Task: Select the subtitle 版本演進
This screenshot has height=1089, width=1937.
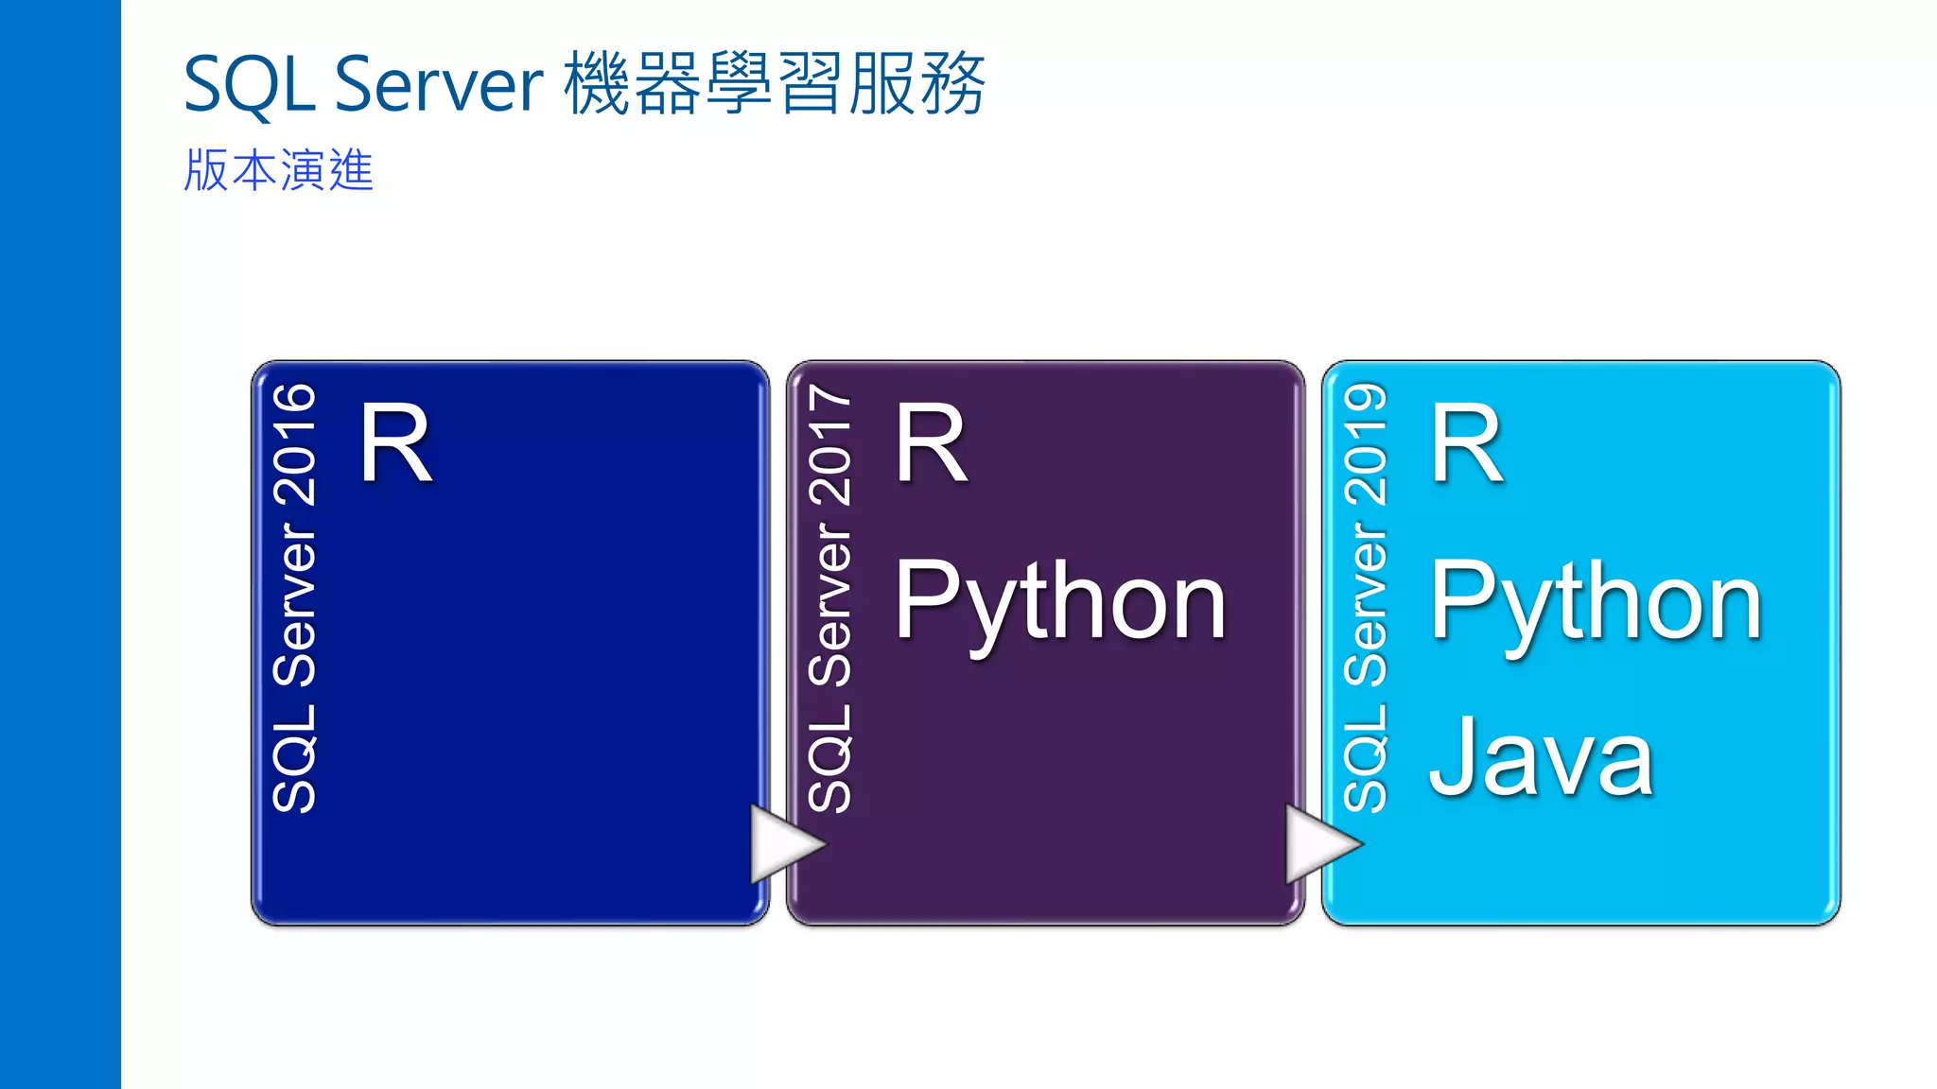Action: click(279, 171)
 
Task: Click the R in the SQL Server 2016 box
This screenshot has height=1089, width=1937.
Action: click(395, 442)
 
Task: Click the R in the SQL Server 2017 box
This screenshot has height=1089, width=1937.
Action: click(932, 442)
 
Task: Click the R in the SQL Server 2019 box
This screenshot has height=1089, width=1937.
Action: click(1466, 442)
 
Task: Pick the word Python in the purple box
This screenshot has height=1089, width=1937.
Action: click(1060, 601)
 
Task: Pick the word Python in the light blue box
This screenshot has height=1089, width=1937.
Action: click(1596, 601)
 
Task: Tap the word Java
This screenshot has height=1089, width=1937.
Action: click(1541, 758)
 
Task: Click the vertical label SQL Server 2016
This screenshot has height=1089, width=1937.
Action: click(294, 597)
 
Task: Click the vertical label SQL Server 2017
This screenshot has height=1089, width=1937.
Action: click(830, 597)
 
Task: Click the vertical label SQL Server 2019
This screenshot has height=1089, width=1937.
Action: click(1365, 597)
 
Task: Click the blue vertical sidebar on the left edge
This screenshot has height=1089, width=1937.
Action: click(60, 544)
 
